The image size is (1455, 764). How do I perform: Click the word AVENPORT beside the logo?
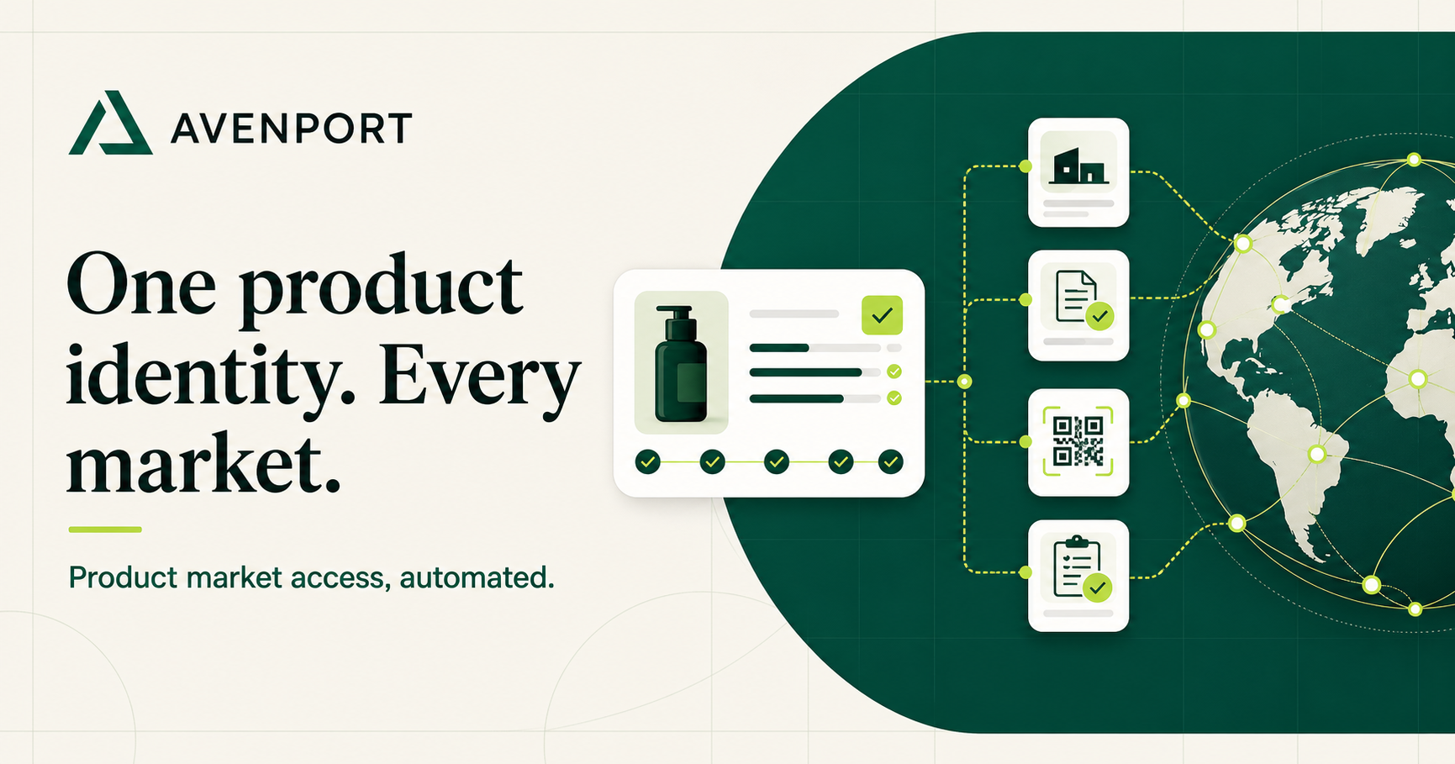coord(292,129)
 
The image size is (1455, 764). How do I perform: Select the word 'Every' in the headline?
coord(480,380)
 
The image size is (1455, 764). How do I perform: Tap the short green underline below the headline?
coord(105,530)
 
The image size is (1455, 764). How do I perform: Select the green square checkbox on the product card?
coord(882,315)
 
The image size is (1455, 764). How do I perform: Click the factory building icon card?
coord(1078,172)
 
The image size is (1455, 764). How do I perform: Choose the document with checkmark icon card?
coord(1078,305)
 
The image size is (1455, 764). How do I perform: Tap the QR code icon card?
coord(1078,442)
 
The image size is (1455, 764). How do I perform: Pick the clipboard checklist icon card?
coord(1078,576)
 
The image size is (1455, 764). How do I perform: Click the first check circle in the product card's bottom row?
coord(647,461)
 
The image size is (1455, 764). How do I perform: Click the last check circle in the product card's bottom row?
coord(891,461)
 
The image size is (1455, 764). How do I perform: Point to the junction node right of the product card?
coord(965,382)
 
